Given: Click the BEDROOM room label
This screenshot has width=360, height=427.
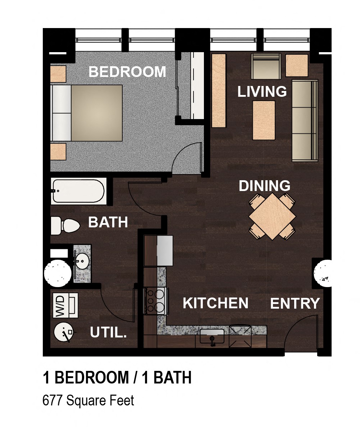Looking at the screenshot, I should (127, 72).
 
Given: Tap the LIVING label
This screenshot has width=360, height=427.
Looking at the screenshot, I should (262, 91).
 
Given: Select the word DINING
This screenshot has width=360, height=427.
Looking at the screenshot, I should (264, 186).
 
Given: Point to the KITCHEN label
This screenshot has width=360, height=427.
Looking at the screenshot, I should (215, 303).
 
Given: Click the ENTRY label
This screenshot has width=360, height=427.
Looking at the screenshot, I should (295, 304).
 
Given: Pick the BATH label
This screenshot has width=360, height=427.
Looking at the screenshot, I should (108, 222).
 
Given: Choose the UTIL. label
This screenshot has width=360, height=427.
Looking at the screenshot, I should (108, 332).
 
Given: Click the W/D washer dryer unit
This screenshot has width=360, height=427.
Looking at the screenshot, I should (65, 305).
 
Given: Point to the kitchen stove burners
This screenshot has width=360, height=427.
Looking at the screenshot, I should (156, 300).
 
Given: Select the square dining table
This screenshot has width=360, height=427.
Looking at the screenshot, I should (272, 217).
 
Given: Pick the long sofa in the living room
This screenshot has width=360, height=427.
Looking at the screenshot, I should (305, 121).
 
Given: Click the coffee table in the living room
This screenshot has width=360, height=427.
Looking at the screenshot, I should (264, 120).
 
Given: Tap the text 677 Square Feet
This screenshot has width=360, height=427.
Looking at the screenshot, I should (88, 400).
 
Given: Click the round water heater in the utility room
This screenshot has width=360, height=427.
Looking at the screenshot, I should (64, 332).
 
